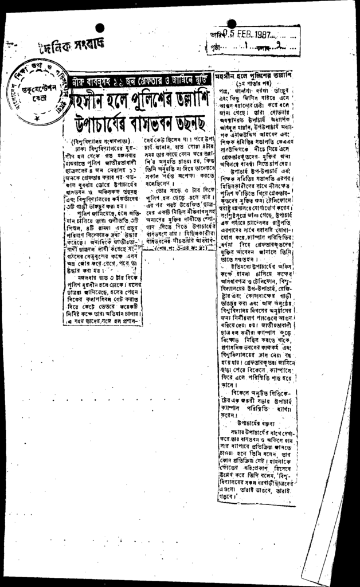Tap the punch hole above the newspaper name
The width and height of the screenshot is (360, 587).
click(100, 28)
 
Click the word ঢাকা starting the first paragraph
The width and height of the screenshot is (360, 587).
click(81, 148)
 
